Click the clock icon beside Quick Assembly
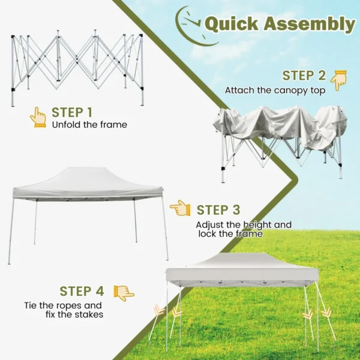[x=190, y=24]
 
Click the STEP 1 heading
[x=72, y=112]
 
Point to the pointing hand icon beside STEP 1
[x=38, y=117]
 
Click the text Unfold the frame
[x=89, y=125]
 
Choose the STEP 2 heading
[x=304, y=76]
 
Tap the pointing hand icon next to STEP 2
[x=338, y=80]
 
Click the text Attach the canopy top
[x=275, y=91]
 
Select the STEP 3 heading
[x=218, y=210]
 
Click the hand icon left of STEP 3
[x=180, y=208]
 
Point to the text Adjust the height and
[x=244, y=225]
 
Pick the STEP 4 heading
[x=82, y=292]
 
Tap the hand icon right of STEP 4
[x=124, y=293]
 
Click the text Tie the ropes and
[x=64, y=305]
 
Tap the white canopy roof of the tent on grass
[x=242, y=267]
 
